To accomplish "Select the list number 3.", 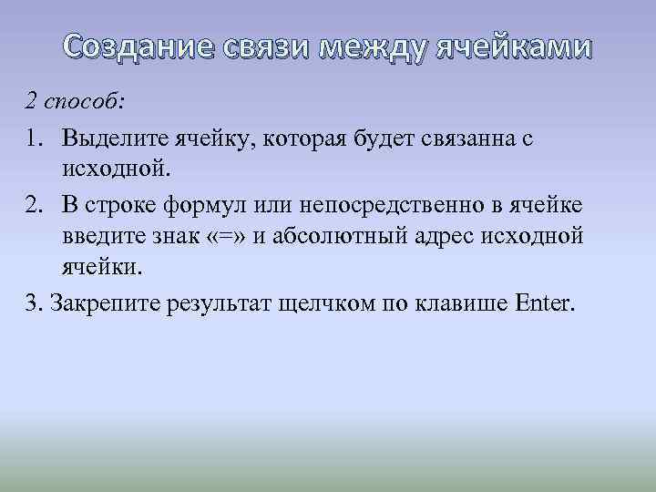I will click(x=33, y=302).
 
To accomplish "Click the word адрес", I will click(x=442, y=237).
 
